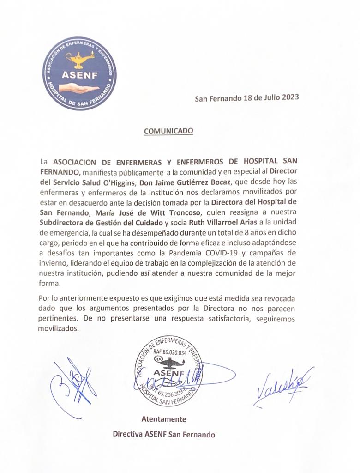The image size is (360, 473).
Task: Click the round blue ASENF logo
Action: pyautogui.click(x=79, y=74)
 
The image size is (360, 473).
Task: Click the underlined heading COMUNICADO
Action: pyautogui.click(x=168, y=131)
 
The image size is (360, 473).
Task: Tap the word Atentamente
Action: pyautogui.click(x=163, y=419)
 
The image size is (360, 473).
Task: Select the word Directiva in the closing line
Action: pyautogui.click(x=128, y=434)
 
